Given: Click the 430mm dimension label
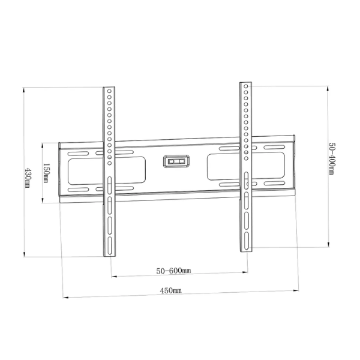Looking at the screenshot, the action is tap(28, 178).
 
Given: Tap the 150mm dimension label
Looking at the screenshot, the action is tap(46, 173).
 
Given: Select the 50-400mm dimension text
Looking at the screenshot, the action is tap(332, 158).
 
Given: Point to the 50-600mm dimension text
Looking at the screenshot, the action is tap(173, 271).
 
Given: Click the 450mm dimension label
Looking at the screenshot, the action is tap(171, 290).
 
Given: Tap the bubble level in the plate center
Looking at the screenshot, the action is tap(176, 161).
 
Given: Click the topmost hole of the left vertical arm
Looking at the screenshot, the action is tap(109, 91).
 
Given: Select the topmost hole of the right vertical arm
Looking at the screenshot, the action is tap(246, 86).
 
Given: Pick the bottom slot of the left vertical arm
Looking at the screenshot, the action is tap(110, 245).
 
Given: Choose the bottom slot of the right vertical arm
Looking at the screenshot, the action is tap(247, 241).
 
